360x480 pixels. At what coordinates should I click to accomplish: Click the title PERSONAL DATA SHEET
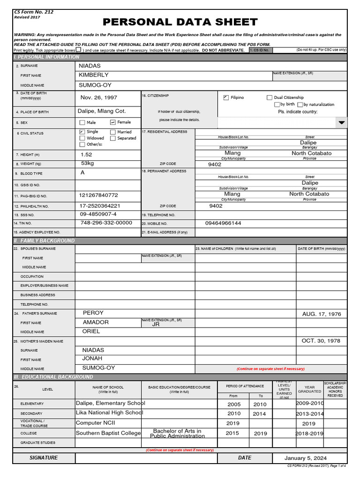[180, 22]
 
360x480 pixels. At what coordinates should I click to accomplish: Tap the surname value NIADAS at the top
[90, 66]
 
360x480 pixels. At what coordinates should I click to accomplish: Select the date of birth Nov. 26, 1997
[99, 97]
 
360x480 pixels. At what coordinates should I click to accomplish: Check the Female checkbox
[113, 122]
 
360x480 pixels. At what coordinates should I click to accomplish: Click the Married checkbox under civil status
[113, 132]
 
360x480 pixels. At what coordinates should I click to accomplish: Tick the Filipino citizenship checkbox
[226, 97]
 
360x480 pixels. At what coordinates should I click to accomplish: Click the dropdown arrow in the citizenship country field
[341, 122]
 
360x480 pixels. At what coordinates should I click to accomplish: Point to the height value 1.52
[86, 155]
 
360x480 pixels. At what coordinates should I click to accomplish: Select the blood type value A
[83, 172]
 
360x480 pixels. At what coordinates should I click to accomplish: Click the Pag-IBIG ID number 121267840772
[98, 195]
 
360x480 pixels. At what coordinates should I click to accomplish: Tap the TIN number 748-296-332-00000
[106, 223]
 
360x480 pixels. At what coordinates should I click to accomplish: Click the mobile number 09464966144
[223, 224]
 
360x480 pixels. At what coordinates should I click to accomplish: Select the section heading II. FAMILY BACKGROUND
[45, 240]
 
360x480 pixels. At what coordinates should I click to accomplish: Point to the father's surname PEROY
[93, 313]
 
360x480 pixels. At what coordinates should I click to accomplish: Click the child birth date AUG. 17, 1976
[322, 314]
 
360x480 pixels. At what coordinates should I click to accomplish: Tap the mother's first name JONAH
[92, 359]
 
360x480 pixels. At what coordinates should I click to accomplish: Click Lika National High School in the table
[109, 413]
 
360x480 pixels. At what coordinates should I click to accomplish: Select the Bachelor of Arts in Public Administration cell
[177, 433]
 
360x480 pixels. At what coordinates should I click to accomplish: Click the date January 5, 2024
[306, 458]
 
